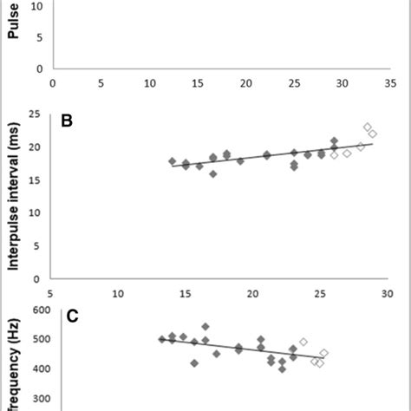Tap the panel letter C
[x=73, y=316]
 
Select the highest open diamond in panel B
[x=368, y=127]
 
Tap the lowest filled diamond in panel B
[x=213, y=173]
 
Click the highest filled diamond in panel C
[x=205, y=327]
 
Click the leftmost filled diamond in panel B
[x=172, y=161]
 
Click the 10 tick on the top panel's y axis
[x=37, y=6]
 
